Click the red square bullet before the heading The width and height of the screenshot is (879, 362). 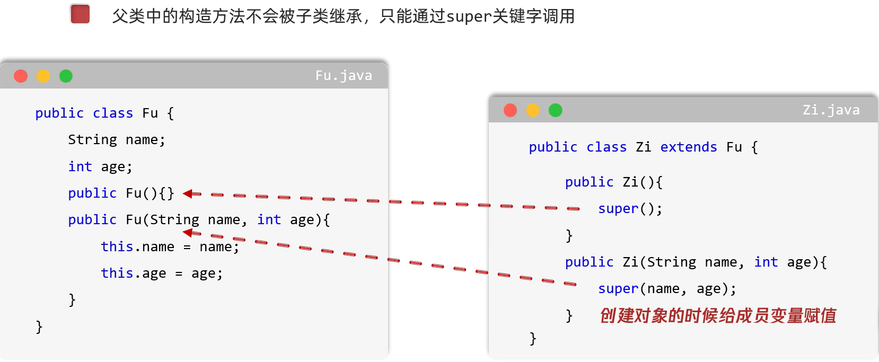(80, 14)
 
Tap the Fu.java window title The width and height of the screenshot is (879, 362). (344, 76)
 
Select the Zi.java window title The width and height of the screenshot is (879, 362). (831, 110)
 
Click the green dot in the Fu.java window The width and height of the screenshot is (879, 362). (66, 76)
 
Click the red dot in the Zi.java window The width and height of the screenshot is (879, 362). (510, 110)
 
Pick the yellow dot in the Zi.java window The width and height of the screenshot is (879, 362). (533, 110)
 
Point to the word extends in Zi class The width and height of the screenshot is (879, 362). (688, 147)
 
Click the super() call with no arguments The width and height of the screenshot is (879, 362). (630, 209)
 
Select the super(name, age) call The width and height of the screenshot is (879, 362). (666, 289)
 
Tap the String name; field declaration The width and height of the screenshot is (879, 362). (117, 140)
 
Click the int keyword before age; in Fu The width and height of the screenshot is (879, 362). (80, 167)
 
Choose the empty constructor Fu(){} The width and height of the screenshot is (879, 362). (150, 193)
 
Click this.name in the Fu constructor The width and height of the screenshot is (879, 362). (137, 247)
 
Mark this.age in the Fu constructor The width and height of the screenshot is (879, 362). (133, 273)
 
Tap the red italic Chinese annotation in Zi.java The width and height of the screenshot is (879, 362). (717, 316)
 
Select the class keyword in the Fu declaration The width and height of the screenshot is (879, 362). (113, 113)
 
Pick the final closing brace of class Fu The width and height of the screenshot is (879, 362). (39, 326)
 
